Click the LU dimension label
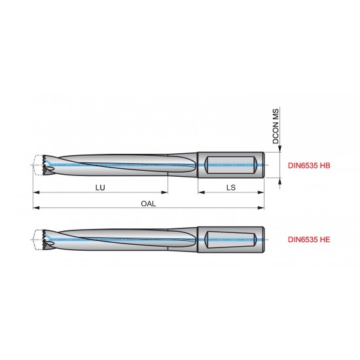[x=100, y=187]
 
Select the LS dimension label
[x=231, y=187]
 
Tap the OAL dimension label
[x=148, y=203]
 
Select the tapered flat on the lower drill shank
[x=228, y=240]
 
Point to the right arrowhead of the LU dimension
[x=166, y=193]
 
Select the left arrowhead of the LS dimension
[x=200, y=193]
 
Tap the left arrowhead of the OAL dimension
[x=35, y=208]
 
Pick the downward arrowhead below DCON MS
[x=281, y=150]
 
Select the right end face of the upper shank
[x=264, y=166]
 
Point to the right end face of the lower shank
[x=264, y=240]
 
